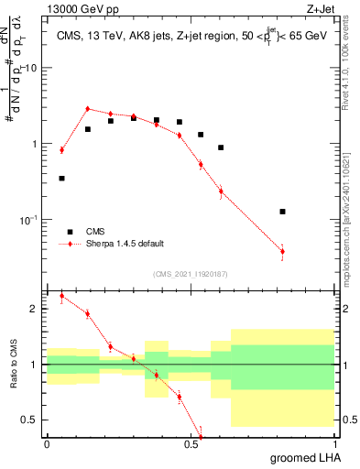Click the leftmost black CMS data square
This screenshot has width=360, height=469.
click(x=61, y=179)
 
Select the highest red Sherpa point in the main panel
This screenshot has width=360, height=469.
click(x=88, y=109)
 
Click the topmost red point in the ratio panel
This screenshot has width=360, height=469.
click(x=61, y=296)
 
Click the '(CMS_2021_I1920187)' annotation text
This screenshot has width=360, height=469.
click(x=190, y=274)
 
